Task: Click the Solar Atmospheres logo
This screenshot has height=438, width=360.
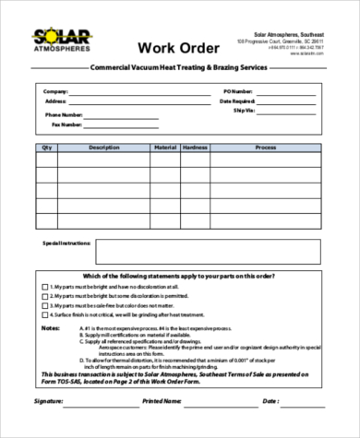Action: click(x=58, y=42)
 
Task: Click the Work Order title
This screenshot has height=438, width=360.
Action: click(x=179, y=47)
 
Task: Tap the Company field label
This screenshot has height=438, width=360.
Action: click(x=56, y=93)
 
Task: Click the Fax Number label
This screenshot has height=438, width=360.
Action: click(x=67, y=124)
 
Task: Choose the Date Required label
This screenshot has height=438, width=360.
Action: click(x=237, y=101)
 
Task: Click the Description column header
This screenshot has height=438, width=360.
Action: click(x=103, y=148)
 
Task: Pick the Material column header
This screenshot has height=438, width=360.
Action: click(x=164, y=148)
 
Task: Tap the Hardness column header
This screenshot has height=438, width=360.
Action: click(x=195, y=148)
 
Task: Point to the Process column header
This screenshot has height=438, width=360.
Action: click(x=266, y=148)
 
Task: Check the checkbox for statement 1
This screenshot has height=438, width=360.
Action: click(x=45, y=286)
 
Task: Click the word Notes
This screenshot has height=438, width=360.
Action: click(x=51, y=328)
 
